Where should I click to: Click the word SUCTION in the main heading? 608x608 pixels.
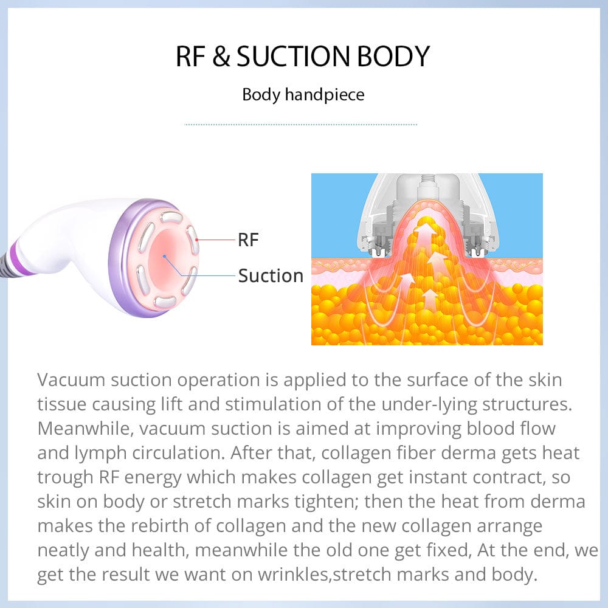[293, 56]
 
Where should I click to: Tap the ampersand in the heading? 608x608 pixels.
[221, 56]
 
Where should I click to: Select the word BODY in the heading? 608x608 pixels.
[393, 56]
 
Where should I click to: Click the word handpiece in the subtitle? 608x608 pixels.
[325, 95]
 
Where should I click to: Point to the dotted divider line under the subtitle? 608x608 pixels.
[301, 125]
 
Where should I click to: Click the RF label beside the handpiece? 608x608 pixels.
[248, 240]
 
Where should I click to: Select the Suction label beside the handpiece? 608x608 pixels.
[271, 275]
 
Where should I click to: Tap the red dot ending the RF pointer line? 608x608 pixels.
[197, 240]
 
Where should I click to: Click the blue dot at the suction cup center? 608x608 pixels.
[165, 257]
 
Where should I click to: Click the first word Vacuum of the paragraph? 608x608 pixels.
[71, 379]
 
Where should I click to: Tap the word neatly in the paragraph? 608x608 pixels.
[63, 551]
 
